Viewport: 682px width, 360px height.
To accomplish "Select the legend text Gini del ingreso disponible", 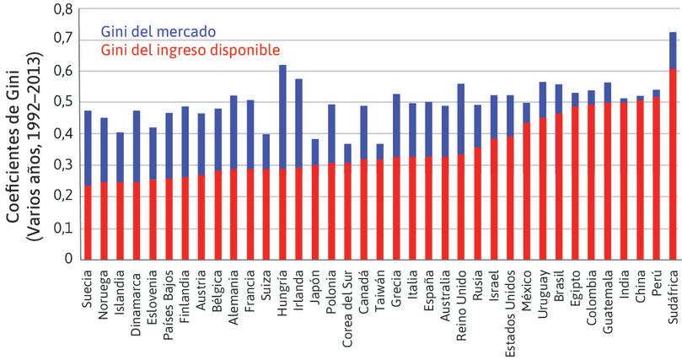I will click(x=190, y=50).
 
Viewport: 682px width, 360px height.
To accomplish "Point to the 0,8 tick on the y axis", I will click(x=62, y=9).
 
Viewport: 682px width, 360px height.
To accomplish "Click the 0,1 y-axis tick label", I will click(x=62, y=228).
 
